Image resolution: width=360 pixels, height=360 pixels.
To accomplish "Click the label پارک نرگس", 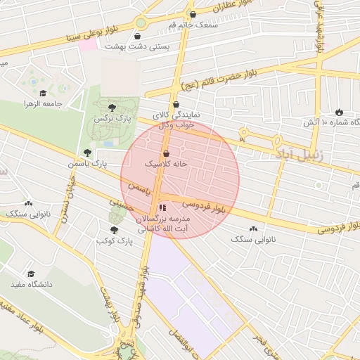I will (113, 120).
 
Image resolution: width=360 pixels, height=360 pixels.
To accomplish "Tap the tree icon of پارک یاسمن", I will (87, 152).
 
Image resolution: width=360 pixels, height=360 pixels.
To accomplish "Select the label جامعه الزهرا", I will (44, 104).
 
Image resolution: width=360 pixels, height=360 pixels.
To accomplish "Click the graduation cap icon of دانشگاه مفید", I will (31, 274).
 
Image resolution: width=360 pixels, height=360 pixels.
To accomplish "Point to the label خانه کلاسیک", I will (167, 163).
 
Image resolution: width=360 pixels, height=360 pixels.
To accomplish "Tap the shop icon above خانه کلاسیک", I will (166, 153).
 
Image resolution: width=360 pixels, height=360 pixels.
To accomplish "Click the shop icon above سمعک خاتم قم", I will (192, 14).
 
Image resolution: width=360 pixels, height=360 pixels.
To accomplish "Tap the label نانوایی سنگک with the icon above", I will (253, 239).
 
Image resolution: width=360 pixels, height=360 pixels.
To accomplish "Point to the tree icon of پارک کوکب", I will (114, 229).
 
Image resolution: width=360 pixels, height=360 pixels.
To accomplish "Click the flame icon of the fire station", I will (339, 111).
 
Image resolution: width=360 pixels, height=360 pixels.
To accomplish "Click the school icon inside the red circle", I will (163, 207).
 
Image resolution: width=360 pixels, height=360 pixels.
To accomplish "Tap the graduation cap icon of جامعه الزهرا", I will (43, 93).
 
